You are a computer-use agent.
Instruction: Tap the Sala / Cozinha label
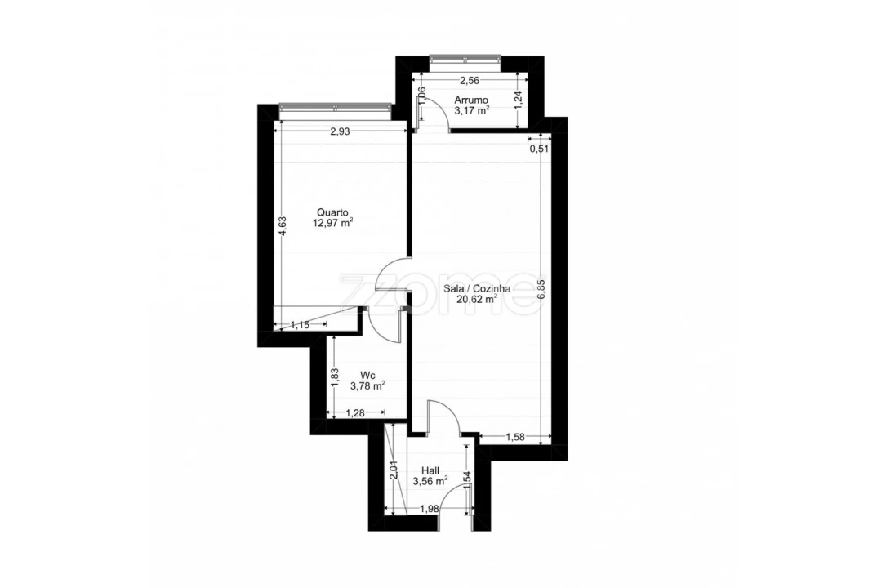pyautogui.click(x=478, y=288)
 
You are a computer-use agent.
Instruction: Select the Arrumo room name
pyautogui.click(x=471, y=100)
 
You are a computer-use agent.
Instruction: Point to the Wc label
pyautogui.click(x=367, y=375)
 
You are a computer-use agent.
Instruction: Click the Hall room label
pyautogui.click(x=430, y=470)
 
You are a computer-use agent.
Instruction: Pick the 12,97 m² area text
pyautogui.click(x=333, y=223)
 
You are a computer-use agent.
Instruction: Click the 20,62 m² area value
pyautogui.click(x=477, y=299)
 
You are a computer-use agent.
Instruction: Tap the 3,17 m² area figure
pyautogui.click(x=472, y=111)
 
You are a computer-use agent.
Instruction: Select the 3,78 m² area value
pyautogui.click(x=367, y=385)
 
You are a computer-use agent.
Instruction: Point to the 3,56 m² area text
pyautogui.click(x=430, y=481)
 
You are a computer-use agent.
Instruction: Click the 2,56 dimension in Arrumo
pyautogui.click(x=469, y=80)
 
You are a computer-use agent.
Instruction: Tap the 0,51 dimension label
pyautogui.click(x=539, y=149)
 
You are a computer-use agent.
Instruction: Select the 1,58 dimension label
pyautogui.click(x=515, y=437)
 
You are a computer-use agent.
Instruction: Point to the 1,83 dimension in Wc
pyautogui.click(x=335, y=377)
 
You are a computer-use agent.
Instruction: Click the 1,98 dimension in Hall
pyautogui.click(x=430, y=509)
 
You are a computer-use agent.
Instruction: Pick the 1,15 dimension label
pyautogui.click(x=300, y=325)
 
